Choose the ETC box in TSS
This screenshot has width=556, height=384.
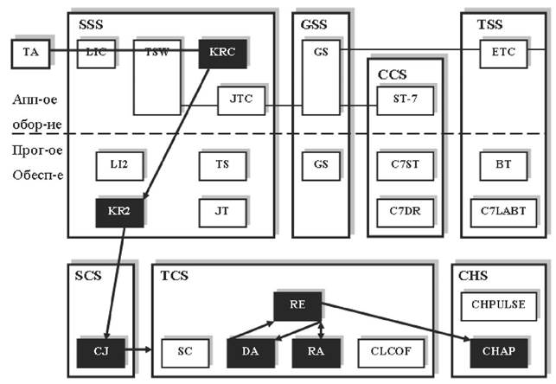[x=503, y=53]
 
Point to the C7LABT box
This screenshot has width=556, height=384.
[x=503, y=210]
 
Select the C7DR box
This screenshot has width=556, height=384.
[x=401, y=211]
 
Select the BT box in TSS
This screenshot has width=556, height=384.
[x=503, y=163]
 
